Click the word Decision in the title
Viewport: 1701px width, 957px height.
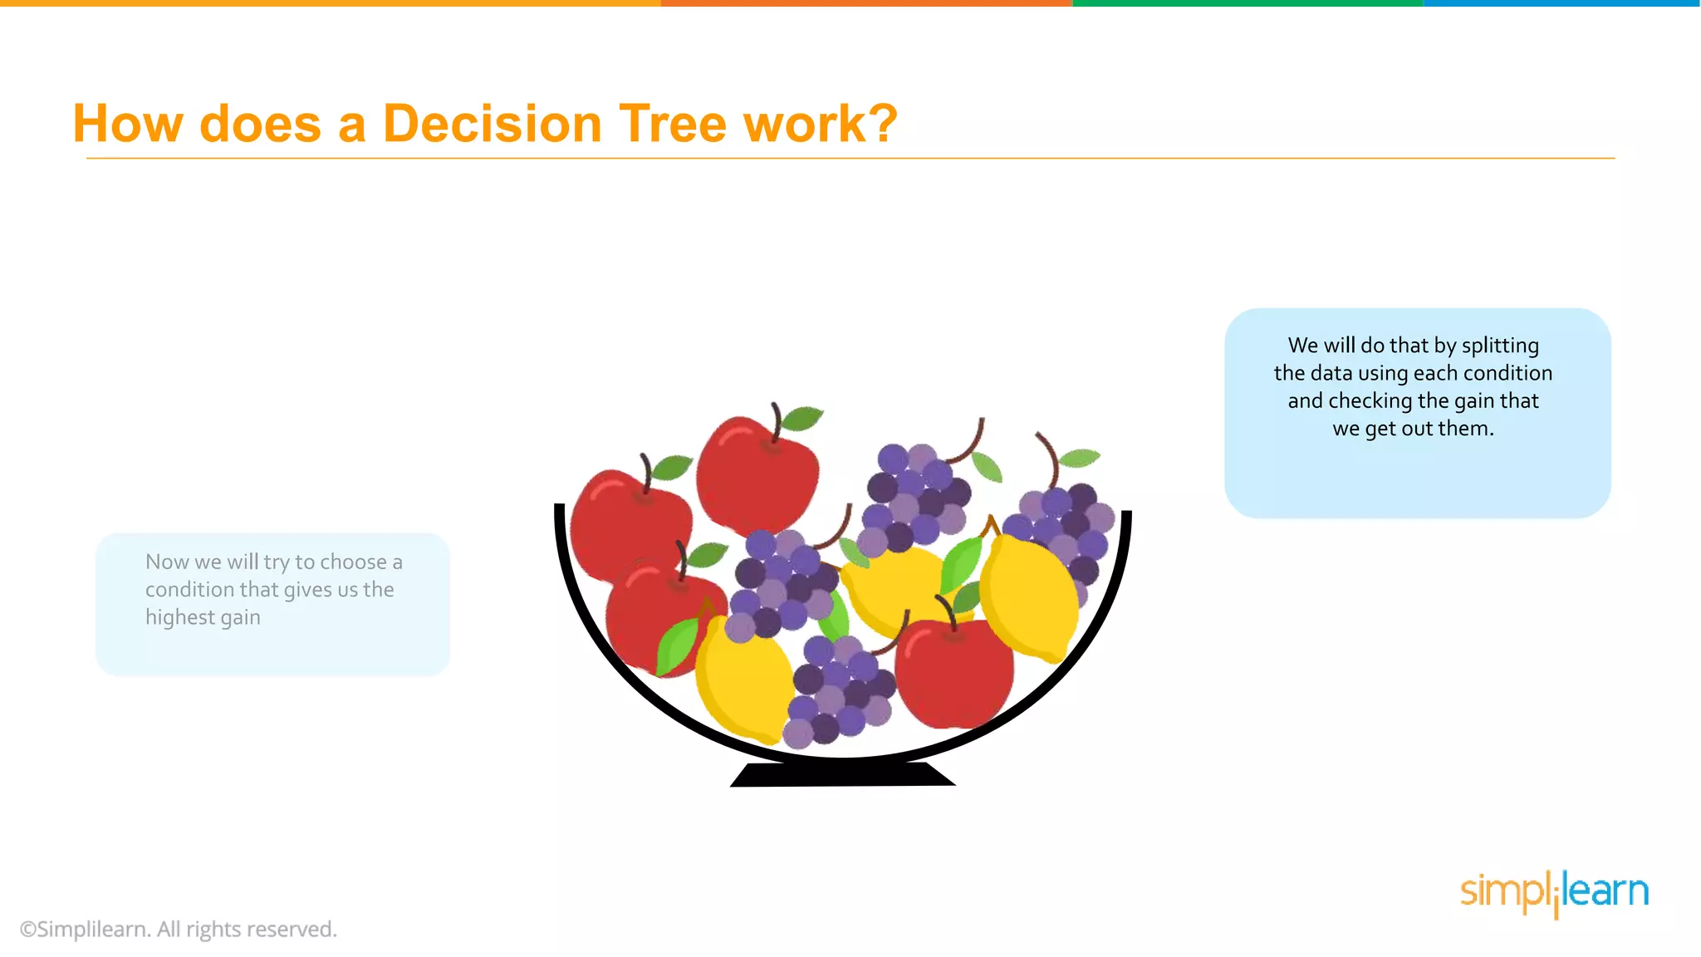492,125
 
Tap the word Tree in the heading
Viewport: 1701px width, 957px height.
671,125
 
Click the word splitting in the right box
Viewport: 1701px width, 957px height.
1500,346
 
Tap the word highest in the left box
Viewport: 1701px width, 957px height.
179,617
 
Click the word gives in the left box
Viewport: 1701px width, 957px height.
307,590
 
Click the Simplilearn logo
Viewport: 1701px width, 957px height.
1554,892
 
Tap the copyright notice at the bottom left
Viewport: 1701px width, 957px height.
178,929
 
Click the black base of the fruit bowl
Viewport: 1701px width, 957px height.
842,775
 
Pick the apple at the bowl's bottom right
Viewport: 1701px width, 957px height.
955,673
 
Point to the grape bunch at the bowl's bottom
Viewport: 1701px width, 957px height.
839,694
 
